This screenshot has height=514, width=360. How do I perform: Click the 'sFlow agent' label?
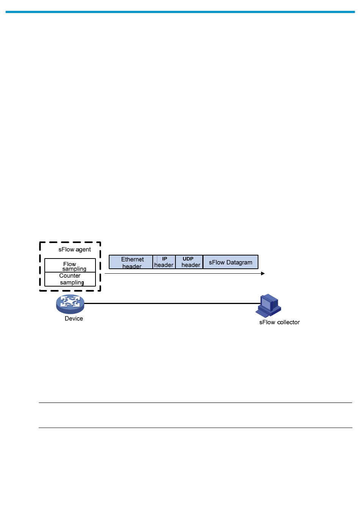coord(75,249)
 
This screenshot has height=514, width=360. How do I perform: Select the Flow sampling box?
coord(70,266)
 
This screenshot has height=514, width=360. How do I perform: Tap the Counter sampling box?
coord(70,279)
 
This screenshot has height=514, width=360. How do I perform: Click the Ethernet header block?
coord(131,262)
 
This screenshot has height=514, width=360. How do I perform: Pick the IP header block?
coord(164,262)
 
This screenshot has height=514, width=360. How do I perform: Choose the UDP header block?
coord(189,262)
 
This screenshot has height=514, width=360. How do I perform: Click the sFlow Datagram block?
coord(230,262)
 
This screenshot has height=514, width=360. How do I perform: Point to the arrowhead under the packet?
coord(263,273)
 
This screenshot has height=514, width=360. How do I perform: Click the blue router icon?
coord(70,304)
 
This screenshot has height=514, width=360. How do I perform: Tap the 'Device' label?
coord(74,318)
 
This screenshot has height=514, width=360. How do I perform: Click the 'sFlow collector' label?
coord(279,322)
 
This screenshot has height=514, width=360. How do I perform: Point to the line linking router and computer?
coord(171,303)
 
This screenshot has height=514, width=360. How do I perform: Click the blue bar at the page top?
coord(180,12)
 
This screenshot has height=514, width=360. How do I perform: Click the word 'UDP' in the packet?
coord(188,259)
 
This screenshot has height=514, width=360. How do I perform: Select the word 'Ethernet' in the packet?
coord(132,259)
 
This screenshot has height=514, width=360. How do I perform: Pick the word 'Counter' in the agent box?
coord(70,276)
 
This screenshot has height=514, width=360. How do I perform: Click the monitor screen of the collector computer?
coord(266,304)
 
